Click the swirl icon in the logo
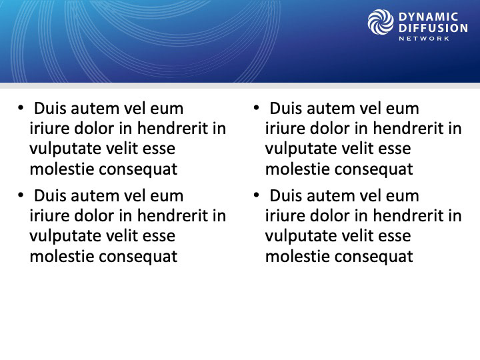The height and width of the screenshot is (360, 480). [x=381, y=22]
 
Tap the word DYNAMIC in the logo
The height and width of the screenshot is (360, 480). [x=428, y=17]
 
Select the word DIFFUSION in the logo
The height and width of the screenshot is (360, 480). [x=433, y=28]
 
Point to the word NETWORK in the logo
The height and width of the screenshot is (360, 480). [x=424, y=39]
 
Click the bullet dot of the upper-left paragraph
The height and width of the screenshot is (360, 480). [x=21, y=108]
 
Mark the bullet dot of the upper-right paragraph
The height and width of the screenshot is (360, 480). [x=256, y=108]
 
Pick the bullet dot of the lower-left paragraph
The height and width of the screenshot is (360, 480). [x=21, y=195]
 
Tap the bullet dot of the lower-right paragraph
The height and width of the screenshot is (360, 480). [x=256, y=195]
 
